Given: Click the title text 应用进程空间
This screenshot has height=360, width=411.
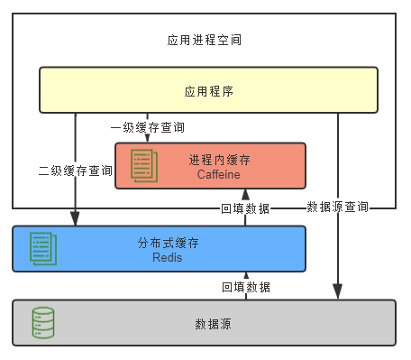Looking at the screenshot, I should [x=205, y=41].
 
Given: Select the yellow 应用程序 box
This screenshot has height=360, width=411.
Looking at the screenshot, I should [x=208, y=90].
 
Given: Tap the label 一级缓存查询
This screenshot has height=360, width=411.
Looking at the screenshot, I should [x=148, y=127].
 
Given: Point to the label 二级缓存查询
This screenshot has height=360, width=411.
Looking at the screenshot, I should [x=76, y=170].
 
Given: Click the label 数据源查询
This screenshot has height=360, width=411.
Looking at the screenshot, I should [x=337, y=207].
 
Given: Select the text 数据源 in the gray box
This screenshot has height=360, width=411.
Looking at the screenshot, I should [x=213, y=323].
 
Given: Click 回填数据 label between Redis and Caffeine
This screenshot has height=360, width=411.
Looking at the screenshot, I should [x=245, y=208].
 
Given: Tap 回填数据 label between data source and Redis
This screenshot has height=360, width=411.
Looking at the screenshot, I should [x=246, y=286].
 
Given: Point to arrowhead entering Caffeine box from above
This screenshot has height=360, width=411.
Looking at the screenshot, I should [x=148, y=138].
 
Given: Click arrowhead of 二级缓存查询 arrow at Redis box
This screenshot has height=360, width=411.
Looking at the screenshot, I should [x=76, y=218].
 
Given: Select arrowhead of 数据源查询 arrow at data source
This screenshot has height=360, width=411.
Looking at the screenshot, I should [x=337, y=291].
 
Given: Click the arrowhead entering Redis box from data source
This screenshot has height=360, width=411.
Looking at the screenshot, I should [x=245, y=275].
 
